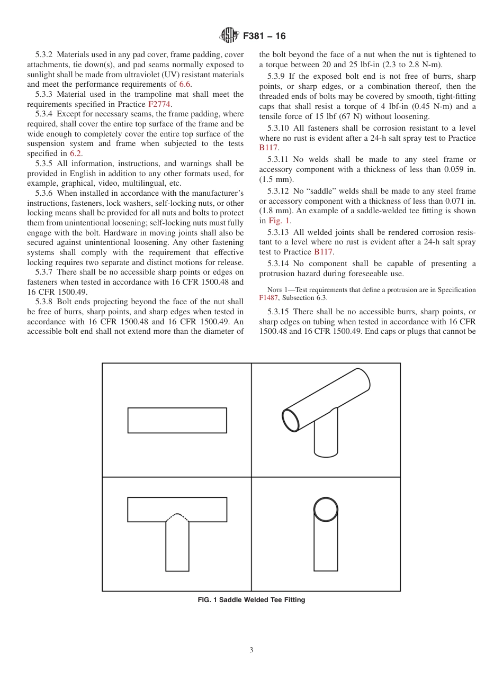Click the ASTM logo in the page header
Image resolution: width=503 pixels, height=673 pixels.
tap(229, 36)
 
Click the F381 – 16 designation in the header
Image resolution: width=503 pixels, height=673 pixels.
tap(264, 36)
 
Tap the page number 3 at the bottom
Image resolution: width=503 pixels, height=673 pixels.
tap(251, 650)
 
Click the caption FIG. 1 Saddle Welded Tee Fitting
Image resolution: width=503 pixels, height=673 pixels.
tap(251, 600)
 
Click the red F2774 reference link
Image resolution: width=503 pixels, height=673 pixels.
tap(159, 104)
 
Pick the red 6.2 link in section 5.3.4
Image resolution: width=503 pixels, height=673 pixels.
tap(76, 153)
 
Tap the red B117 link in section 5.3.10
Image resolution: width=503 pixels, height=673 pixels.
tap(268, 148)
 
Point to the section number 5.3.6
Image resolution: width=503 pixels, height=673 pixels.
tap(45, 193)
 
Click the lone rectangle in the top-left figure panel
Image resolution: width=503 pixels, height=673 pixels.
tap(177, 420)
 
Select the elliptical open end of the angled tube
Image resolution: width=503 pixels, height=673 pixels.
tap(291, 420)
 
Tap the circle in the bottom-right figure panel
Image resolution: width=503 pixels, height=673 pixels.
tap(326, 510)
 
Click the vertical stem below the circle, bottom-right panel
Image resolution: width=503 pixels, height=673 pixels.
tap(326, 545)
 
